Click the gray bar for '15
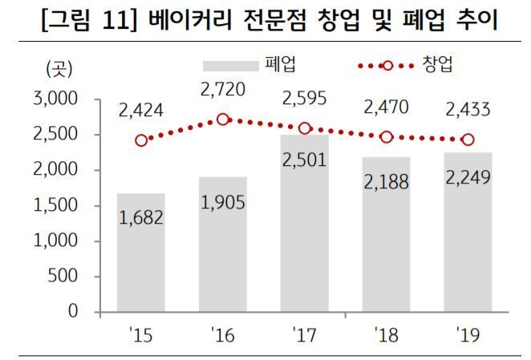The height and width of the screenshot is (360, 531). (141, 253)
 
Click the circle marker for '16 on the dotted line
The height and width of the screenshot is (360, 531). (223, 119)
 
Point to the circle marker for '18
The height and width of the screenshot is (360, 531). (386, 137)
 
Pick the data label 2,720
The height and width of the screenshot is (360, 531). (223, 88)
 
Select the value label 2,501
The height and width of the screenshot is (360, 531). (304, 160)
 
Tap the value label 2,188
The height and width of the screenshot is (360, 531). (386, 182)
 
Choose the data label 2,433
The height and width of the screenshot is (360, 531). (467, 107)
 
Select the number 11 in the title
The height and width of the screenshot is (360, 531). (114, 20)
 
